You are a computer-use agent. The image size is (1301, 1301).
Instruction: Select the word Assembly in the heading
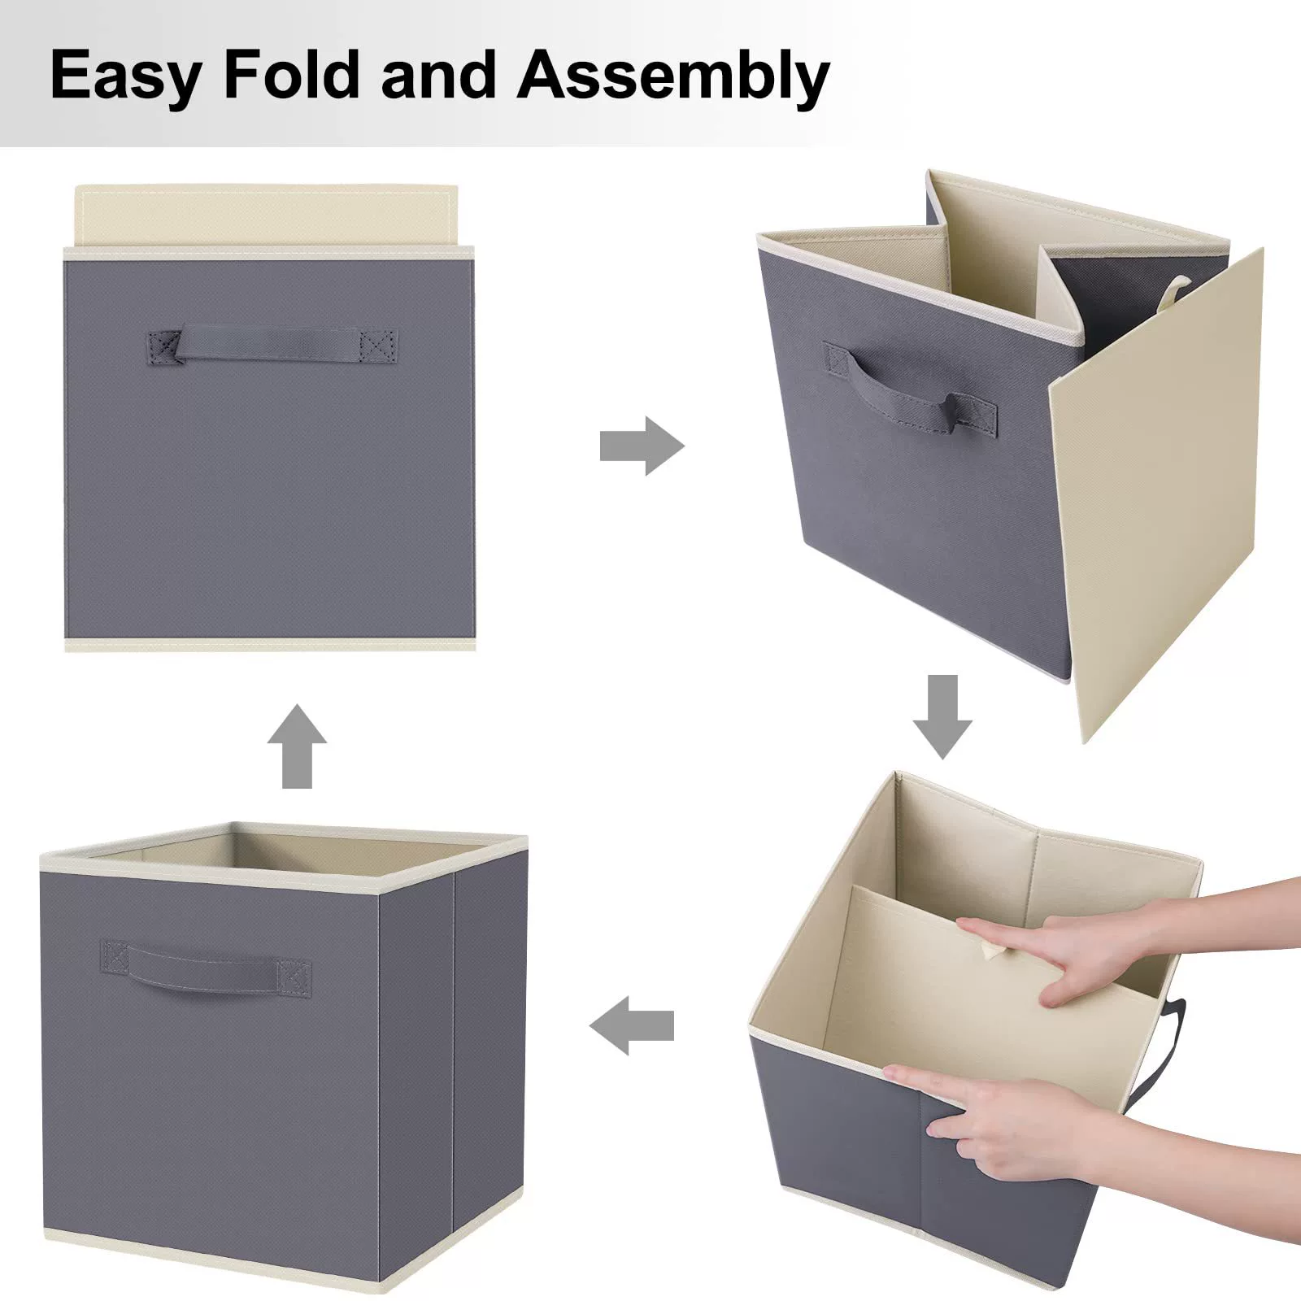click(673, 76)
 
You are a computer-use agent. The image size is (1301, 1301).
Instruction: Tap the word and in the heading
click(438, 74)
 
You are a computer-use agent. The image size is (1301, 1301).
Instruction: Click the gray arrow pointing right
click(642, 446)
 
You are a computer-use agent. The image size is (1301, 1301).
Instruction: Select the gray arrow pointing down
click(942, 716)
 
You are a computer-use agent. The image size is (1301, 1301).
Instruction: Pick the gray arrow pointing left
click(632, 1025)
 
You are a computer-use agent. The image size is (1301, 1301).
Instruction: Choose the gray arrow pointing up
click(297, 746)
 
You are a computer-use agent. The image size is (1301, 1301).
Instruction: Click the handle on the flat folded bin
click(272, 345)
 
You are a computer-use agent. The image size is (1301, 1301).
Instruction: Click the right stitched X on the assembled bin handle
click(294, 978)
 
